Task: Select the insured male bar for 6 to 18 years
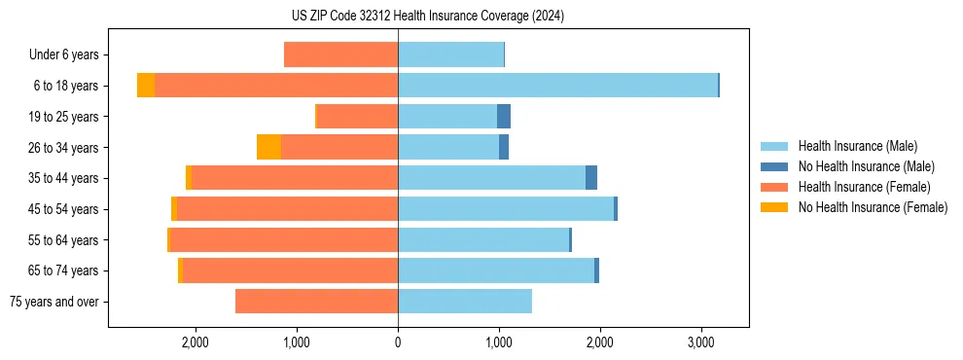(x=557, y=86)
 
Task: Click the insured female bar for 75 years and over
(x=316, y=302)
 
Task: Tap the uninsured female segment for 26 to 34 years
(x=268, y=147)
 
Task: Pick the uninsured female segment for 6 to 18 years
(x=146, y=86)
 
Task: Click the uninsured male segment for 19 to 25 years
(x=504, y=117)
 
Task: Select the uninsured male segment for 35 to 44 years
(x=591, y=178)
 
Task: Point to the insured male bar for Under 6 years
(x=450, y=54)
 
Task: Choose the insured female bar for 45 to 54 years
(x=288, y=209)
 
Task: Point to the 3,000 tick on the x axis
(x=701, y=342)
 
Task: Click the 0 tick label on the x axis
(x=398, y=342)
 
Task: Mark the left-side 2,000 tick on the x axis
(x=196, y=342)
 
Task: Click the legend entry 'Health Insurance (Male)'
(x=857, y=146)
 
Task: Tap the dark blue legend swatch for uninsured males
(x=774, y=166)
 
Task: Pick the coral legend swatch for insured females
(x=774, y=187)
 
